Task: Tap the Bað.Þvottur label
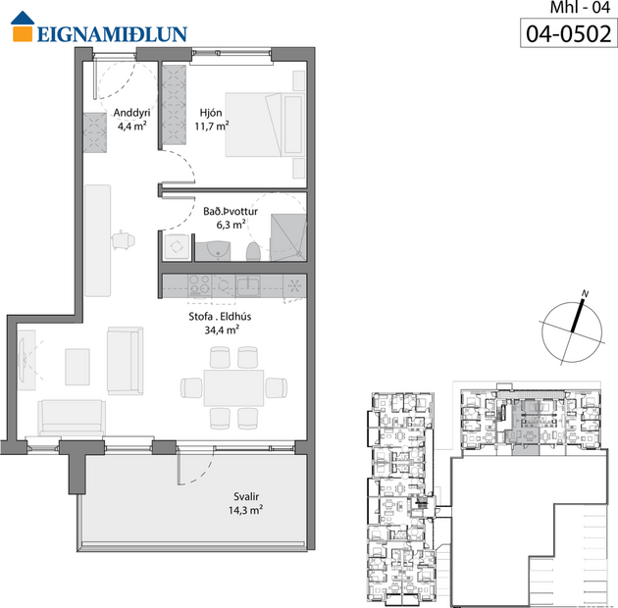click(224, 209)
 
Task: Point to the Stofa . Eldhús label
click(215, 316)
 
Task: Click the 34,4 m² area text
click(215, 330)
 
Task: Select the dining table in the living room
click(233, 386)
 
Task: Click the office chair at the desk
click(123, 239)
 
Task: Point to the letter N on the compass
click(584, 293)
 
